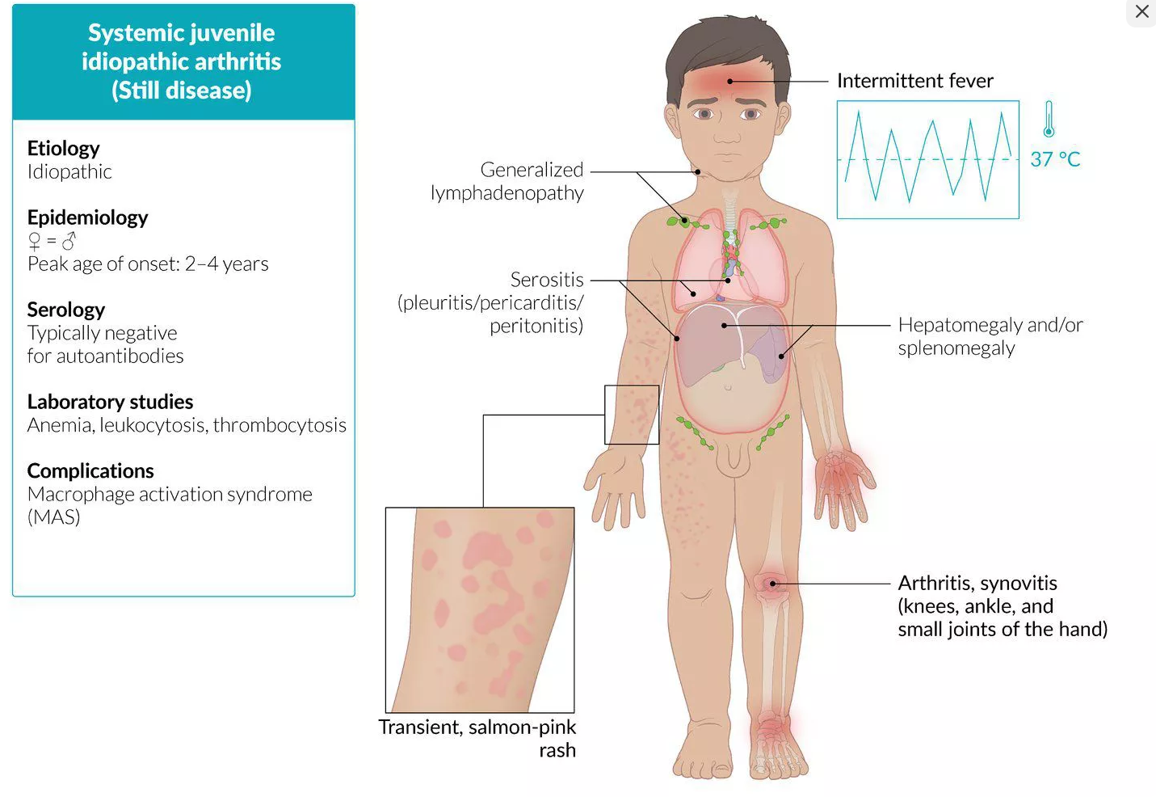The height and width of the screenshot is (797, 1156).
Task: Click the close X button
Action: (1141, 12)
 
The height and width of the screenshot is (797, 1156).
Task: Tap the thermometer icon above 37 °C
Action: (1049, 119)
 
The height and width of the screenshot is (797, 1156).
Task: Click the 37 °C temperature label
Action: (1055, 159)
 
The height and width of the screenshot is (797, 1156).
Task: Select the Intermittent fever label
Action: (914, 81)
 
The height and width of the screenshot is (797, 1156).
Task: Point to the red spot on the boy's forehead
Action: (729, 81)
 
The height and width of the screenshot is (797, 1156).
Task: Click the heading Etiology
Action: (63, 148)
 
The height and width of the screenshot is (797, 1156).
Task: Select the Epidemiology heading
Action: (87, 217)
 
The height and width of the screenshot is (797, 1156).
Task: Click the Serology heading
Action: (66, 310)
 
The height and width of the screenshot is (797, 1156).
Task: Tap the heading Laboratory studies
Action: (110, 402)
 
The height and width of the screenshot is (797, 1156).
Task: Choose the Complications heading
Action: (90, 470)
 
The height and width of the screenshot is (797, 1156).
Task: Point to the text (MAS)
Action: (53, 517)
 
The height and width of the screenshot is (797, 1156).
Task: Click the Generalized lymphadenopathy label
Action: (507, 181)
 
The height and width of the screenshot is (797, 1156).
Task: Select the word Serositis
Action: (546, 280)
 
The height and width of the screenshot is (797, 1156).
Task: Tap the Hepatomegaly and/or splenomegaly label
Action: (990, 336)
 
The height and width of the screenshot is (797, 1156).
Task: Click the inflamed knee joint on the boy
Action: (771, 584)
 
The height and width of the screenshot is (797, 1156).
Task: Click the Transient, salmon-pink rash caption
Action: (477, 738)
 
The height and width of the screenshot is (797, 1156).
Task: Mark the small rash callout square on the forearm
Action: (632, 415)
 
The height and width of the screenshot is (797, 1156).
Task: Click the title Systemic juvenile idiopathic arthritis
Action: (182, 61)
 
